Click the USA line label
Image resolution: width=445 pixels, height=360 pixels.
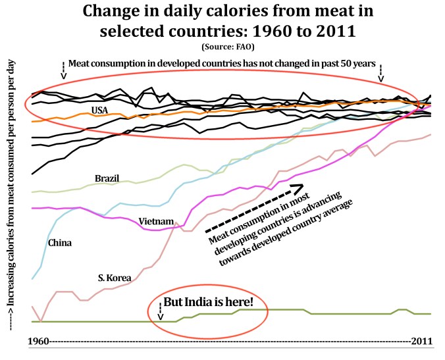[x=100, y=109]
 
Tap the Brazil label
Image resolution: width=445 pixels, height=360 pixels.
[x=107, y=178]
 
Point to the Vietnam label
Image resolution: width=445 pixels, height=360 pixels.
[x=156, y=221]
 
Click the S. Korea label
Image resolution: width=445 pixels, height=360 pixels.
[x=115, y=277]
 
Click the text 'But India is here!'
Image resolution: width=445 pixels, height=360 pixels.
[x=213, y=306]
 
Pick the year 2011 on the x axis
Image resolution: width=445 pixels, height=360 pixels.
[x=421, y=342]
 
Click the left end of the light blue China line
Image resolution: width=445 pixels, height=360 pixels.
[x=33, y=279]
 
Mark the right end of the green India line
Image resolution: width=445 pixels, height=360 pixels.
[x=431, y=314]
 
